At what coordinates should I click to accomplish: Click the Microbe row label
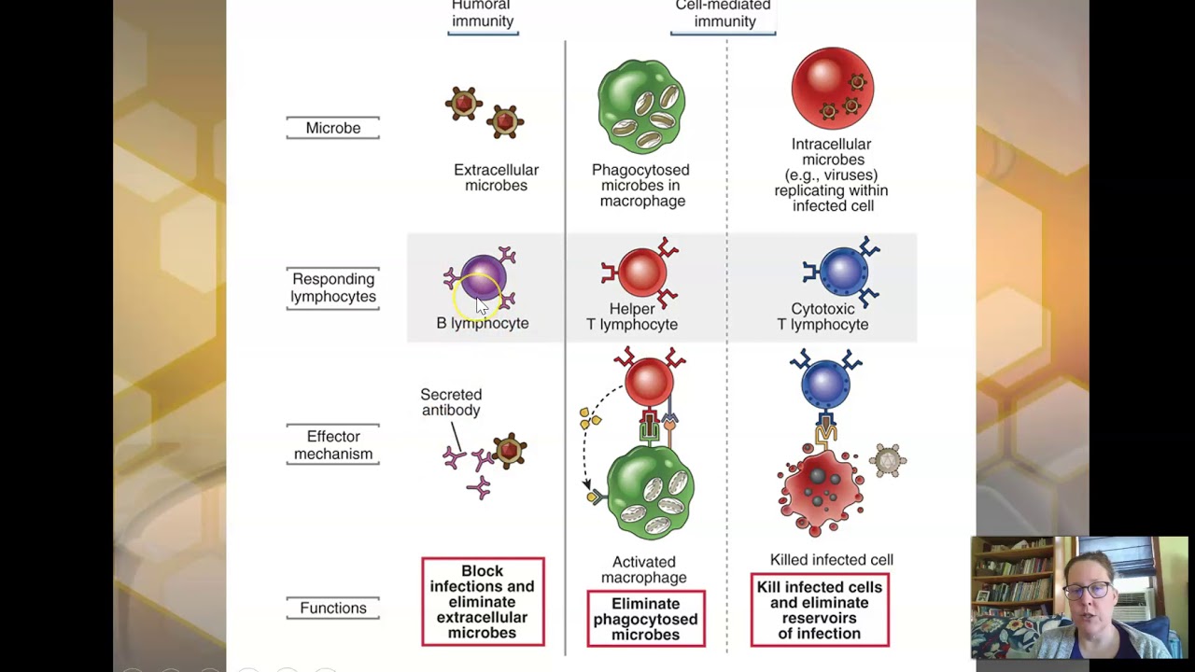point(332,128)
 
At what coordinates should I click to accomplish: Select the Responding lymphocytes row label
point(332,287)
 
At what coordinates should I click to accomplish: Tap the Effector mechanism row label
point(332,445)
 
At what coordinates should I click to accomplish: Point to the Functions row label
point(332,608)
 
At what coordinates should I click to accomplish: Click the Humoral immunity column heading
point(482,14)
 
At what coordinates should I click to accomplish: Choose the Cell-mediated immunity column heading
point(723,14)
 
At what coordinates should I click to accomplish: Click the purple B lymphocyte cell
point(482,278)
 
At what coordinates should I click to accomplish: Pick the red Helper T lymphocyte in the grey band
point(640,273)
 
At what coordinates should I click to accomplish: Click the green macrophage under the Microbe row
point(641,106)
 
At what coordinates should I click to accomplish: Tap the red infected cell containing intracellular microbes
point(832,89)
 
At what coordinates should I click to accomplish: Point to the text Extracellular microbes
point(496,177)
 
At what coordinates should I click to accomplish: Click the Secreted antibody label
point(451,402)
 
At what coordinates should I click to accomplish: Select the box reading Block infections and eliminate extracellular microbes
point(483,602)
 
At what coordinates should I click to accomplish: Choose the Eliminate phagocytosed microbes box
point(645,619)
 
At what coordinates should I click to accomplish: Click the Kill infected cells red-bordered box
point(820,610)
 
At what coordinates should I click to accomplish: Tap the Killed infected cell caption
point(831,560)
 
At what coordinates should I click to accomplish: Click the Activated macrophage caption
point(643,569)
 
